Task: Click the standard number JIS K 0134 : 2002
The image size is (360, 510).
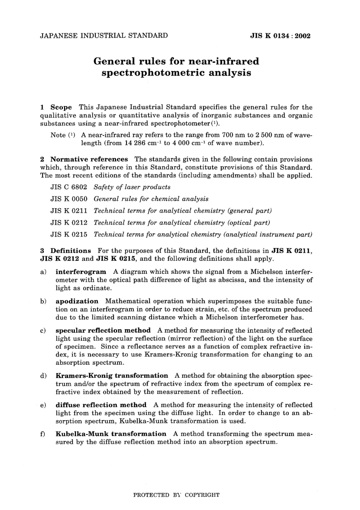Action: [280, 36]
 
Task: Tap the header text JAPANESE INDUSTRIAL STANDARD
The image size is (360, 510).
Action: [104, 36]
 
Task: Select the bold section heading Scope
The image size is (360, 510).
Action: [61, 107]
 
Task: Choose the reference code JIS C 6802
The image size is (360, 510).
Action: [69, 187]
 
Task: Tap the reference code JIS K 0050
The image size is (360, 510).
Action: [69, 199]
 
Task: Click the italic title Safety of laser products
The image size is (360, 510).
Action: [132, 187]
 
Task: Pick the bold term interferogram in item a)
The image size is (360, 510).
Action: [81, 272]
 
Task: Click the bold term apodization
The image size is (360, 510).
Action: [77, 301]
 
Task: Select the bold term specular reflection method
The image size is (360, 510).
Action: [103, 330]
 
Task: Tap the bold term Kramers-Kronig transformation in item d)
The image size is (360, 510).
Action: [112, 376]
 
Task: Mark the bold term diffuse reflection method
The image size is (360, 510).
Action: [101, 405]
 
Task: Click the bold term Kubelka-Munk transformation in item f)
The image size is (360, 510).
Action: [111, 434]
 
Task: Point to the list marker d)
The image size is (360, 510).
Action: [43, 376]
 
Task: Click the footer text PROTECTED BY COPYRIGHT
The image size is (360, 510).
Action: [176, 495]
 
